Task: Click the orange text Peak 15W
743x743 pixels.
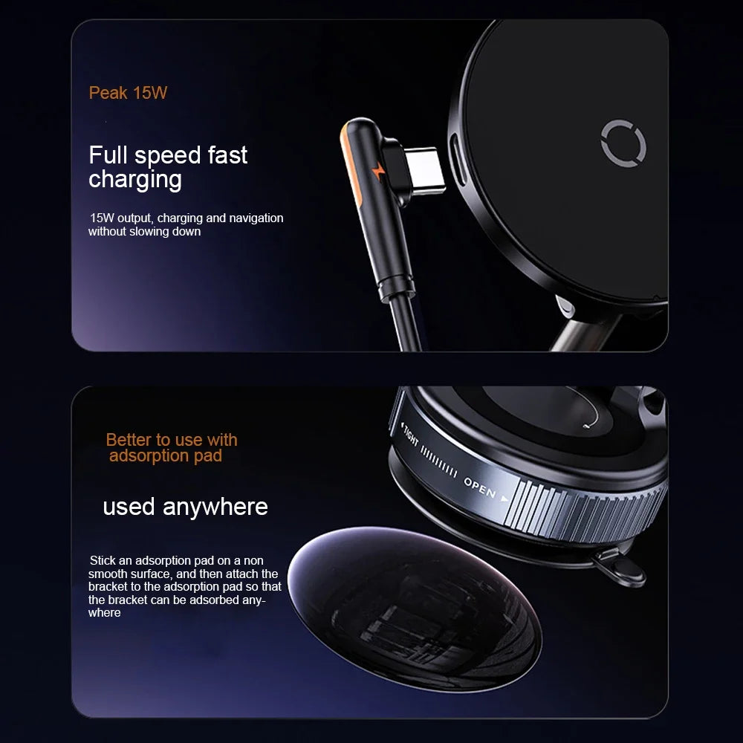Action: tap(128, 94)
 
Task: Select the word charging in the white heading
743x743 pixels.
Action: tap(134, 180)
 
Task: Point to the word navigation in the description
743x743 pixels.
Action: tap(256, 218)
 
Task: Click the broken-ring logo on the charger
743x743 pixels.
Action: tap(623, 143)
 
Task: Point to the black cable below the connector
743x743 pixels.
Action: tap(406, 327)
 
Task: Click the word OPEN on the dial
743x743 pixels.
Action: tap(480, 487)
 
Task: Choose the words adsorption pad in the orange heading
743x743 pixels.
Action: tap(166, 456)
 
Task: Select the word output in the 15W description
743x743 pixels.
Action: tap(136, 218)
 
